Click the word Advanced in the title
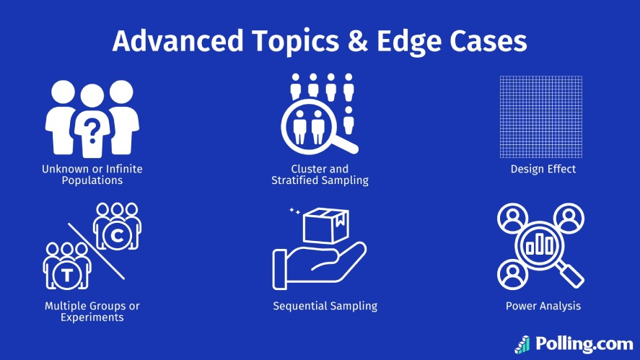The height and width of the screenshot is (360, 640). (177, 41)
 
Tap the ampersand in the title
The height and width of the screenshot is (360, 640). (358, 41)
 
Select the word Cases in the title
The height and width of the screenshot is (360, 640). (488, 41)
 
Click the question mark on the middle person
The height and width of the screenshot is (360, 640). (92, 131)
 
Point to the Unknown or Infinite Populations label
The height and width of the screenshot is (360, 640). (92, 175)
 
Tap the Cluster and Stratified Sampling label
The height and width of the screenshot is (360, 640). (320, 175)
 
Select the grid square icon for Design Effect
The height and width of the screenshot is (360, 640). (541, 117)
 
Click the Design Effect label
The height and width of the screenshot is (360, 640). (543, 169)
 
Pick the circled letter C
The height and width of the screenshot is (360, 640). (117, 235)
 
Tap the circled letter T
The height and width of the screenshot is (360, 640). (67, 276)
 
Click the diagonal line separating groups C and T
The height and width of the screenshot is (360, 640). (97, 252)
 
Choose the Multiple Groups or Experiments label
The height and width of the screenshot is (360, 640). (92, 312)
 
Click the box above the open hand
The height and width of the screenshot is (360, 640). (326, 225)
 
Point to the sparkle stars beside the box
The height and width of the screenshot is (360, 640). (294, 211)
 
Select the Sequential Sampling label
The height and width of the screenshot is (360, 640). (325, 306)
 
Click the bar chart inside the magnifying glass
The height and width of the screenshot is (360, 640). (540, 245)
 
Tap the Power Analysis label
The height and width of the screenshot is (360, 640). (543, 306)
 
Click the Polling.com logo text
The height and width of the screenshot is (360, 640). (584, 344)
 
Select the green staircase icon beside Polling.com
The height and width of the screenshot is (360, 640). (522, 345)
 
